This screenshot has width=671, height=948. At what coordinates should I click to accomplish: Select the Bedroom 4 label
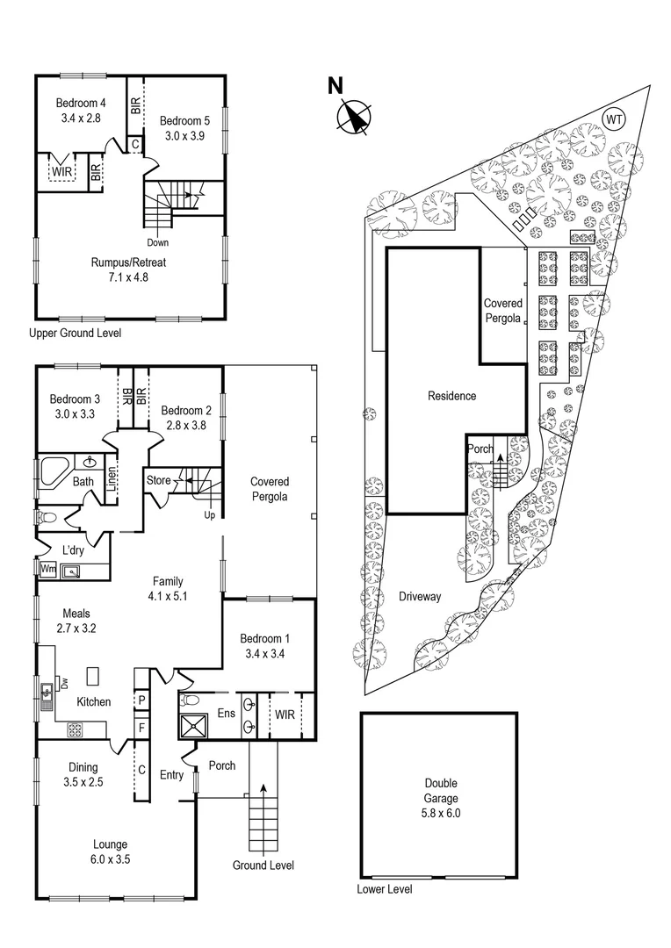[x=81, y=103]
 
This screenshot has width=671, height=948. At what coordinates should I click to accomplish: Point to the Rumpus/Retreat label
[x=129, y=262]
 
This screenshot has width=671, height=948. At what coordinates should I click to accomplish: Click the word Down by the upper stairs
[x=158, y=242]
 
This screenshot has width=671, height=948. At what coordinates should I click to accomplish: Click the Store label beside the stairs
[x=158, y=480]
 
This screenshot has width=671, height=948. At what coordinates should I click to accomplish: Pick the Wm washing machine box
[x=47, y=569]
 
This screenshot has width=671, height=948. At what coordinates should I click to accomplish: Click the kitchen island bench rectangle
[x=93, y=675]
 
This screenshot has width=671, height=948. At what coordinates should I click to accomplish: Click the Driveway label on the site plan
[x=419, y=597]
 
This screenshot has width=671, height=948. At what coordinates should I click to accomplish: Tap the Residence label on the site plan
[x=451, y=396]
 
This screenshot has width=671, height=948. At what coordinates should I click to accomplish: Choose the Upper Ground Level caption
[x=75, y=334]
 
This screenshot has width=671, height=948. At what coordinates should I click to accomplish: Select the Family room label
[x=169, y=581]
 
